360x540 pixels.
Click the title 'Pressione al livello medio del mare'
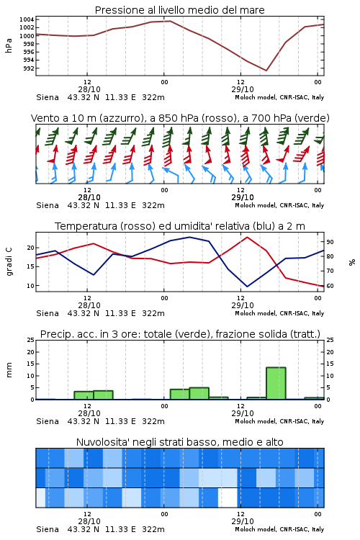[179, 10]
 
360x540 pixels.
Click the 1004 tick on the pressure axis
[27, 19]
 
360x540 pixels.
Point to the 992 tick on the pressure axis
[29, 68]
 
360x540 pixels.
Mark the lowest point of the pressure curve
[266, 71]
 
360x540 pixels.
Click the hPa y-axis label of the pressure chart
[9, 45]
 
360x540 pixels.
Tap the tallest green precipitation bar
[276, 383]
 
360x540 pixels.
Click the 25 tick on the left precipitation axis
[31, 340]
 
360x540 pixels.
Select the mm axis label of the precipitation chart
[9, 370]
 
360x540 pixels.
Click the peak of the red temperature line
[247, 237]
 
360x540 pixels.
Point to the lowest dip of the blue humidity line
[247, 287]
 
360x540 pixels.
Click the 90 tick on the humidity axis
[330, 242]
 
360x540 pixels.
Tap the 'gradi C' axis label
[9, 261]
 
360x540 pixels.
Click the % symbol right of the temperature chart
[352, 262]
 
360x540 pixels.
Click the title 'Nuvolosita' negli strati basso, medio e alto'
[179, 442]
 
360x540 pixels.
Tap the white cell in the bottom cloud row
[228, 498]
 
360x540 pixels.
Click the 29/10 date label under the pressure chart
[243, 89]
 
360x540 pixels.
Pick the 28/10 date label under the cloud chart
[89, 521]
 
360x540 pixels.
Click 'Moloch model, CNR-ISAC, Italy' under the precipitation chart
[279, 421]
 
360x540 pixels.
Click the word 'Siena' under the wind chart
[48, 206]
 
